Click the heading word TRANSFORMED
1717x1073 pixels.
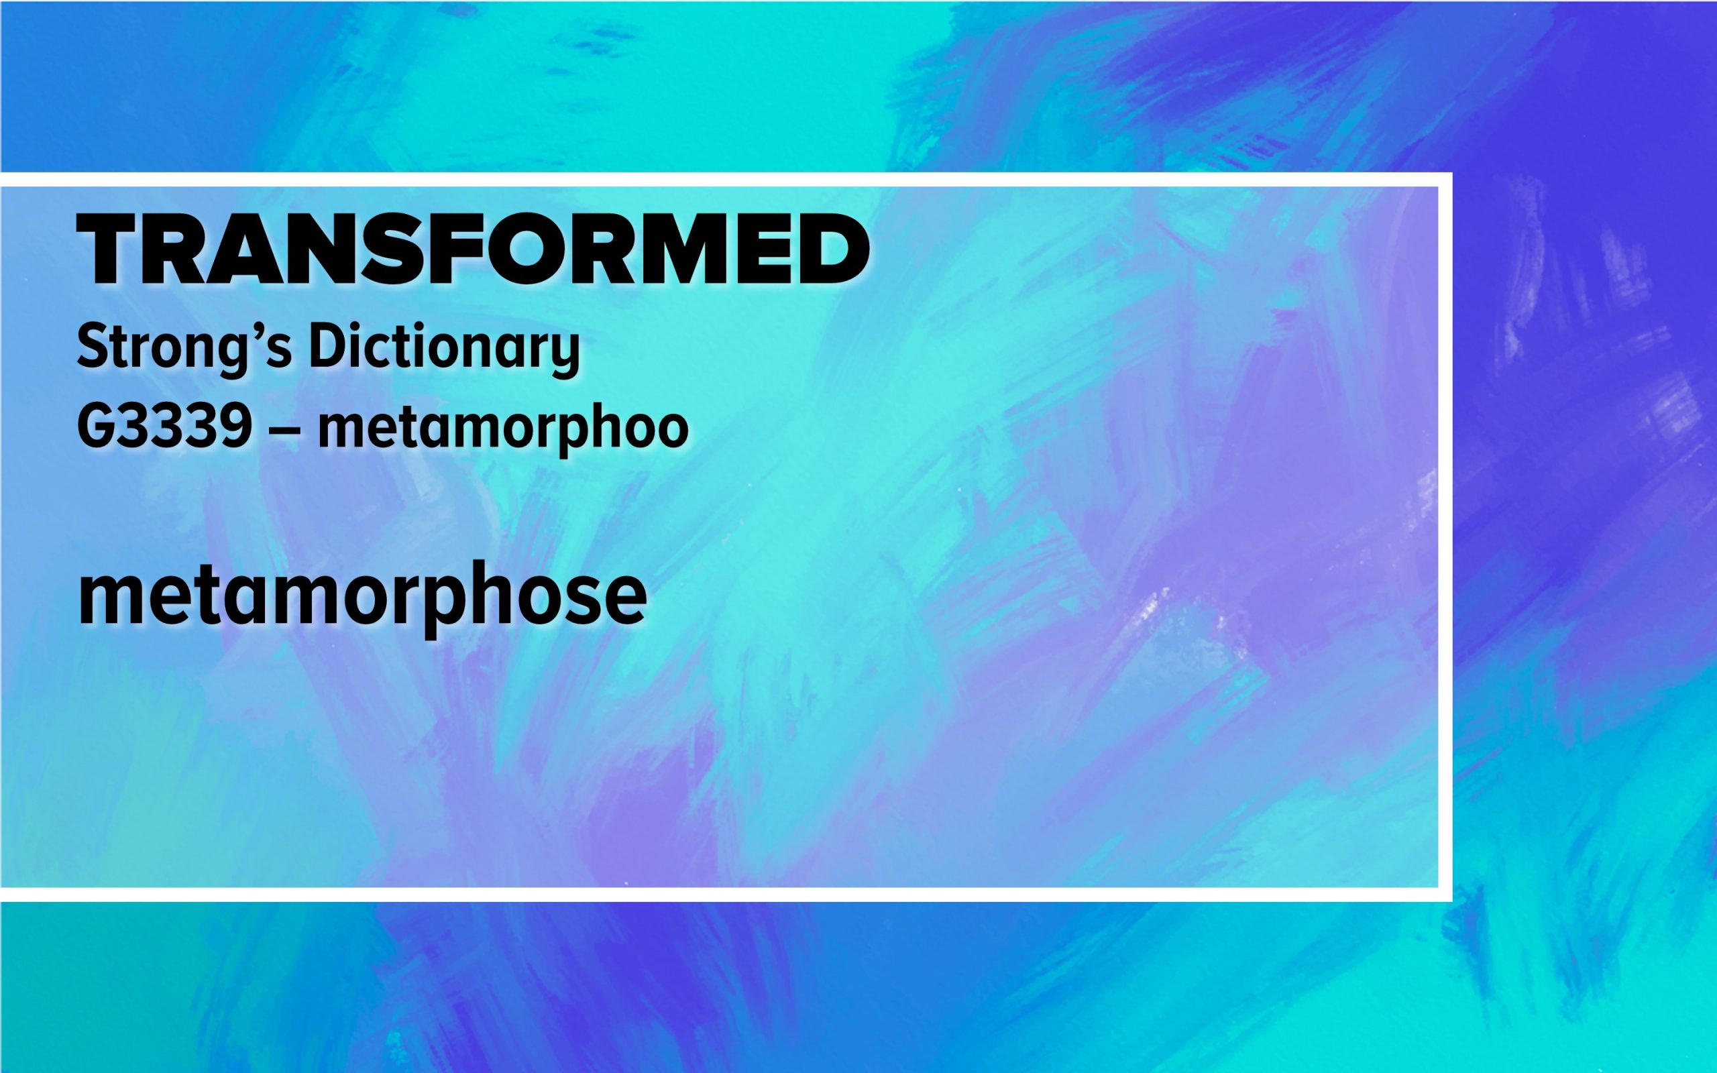click(x=474, y=248)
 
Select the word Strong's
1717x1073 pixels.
click(x=184, y=349)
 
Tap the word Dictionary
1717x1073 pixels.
click(x=444, y=349)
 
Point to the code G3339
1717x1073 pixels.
click(x=164, y=427)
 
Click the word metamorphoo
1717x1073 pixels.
click(x=503, y=431)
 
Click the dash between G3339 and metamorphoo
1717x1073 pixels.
click(x=284, y=430)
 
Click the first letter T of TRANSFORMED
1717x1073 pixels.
click(x=108, y=249)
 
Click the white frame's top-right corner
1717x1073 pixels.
click(x=1445, y=179)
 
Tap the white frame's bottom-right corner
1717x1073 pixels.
click(x=1445, y=894)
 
